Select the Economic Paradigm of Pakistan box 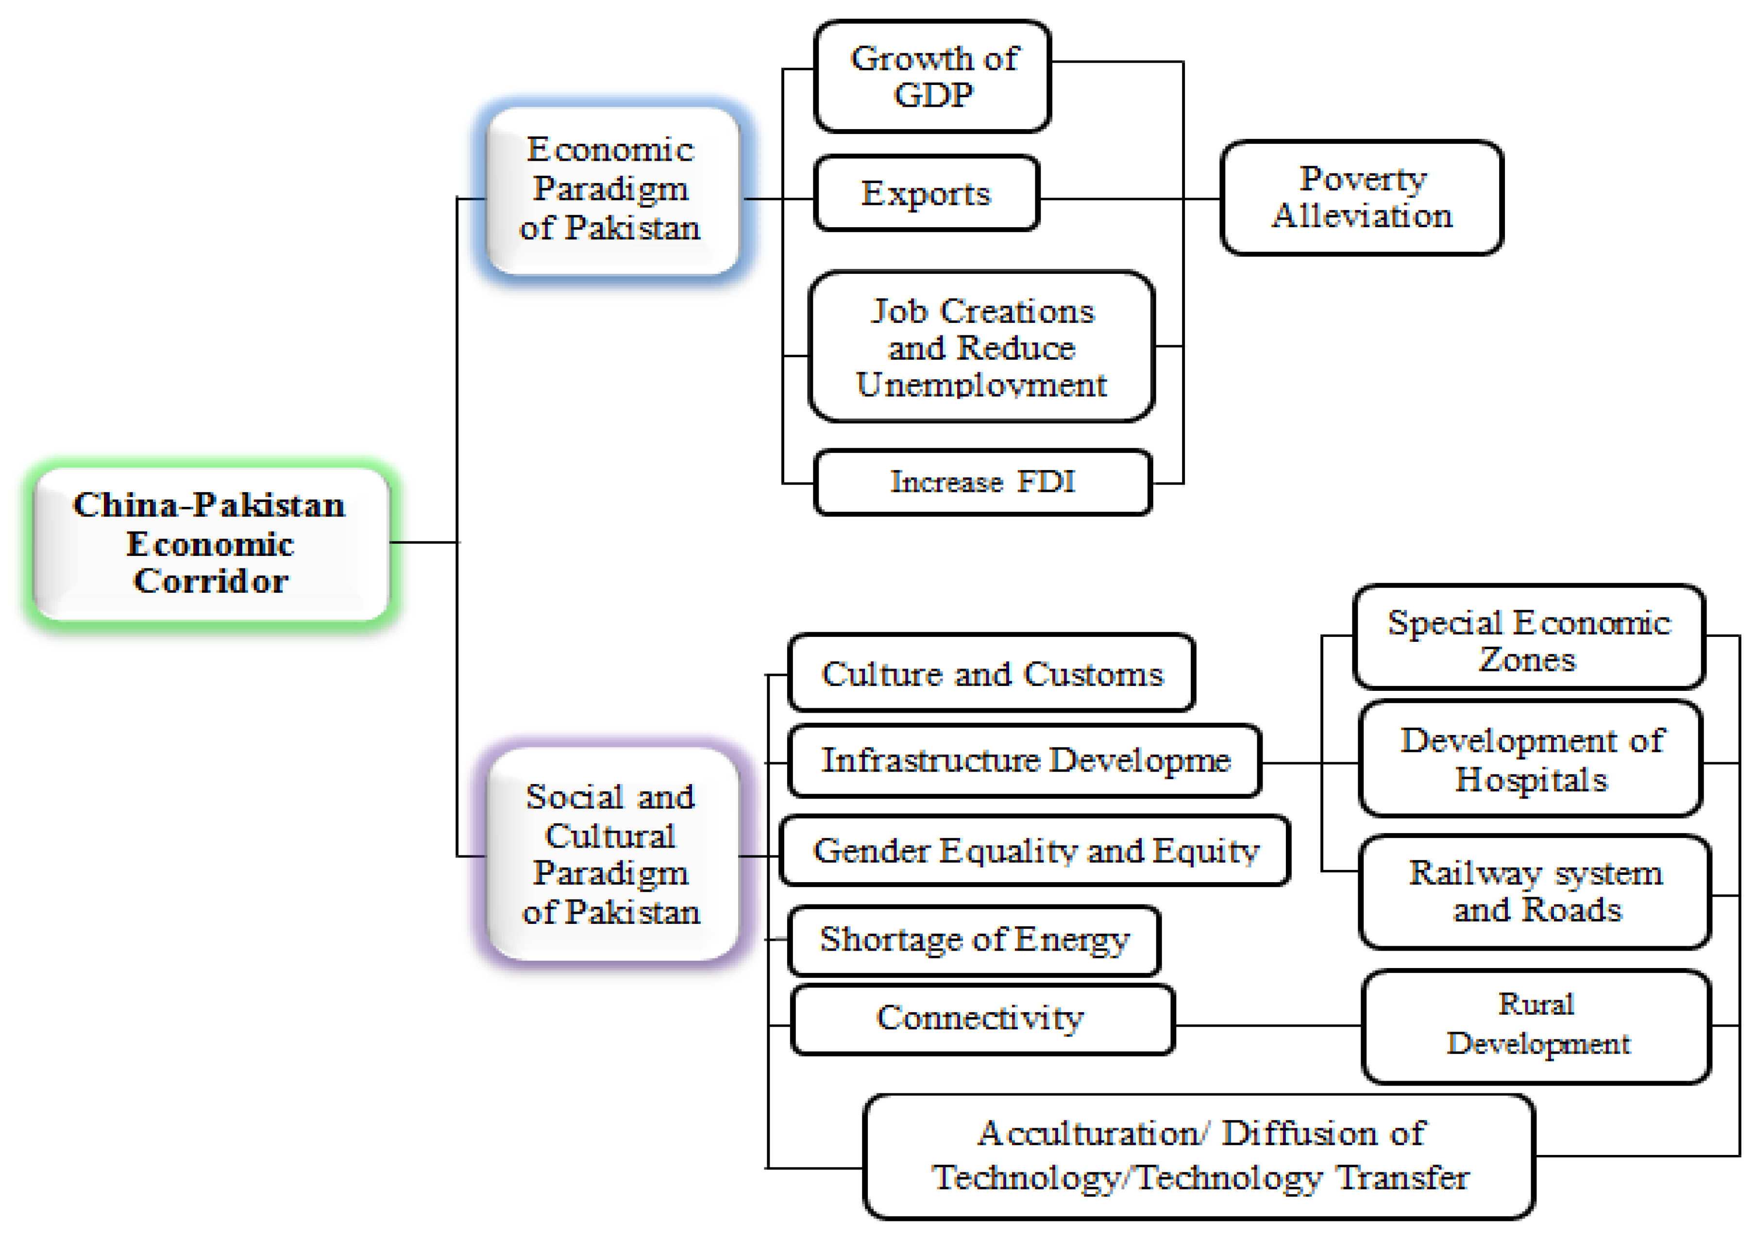point(612,190)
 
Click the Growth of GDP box point(932,76)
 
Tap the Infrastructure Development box point(1025,761)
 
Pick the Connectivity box point(982,1019)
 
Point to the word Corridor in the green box point(211,582)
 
